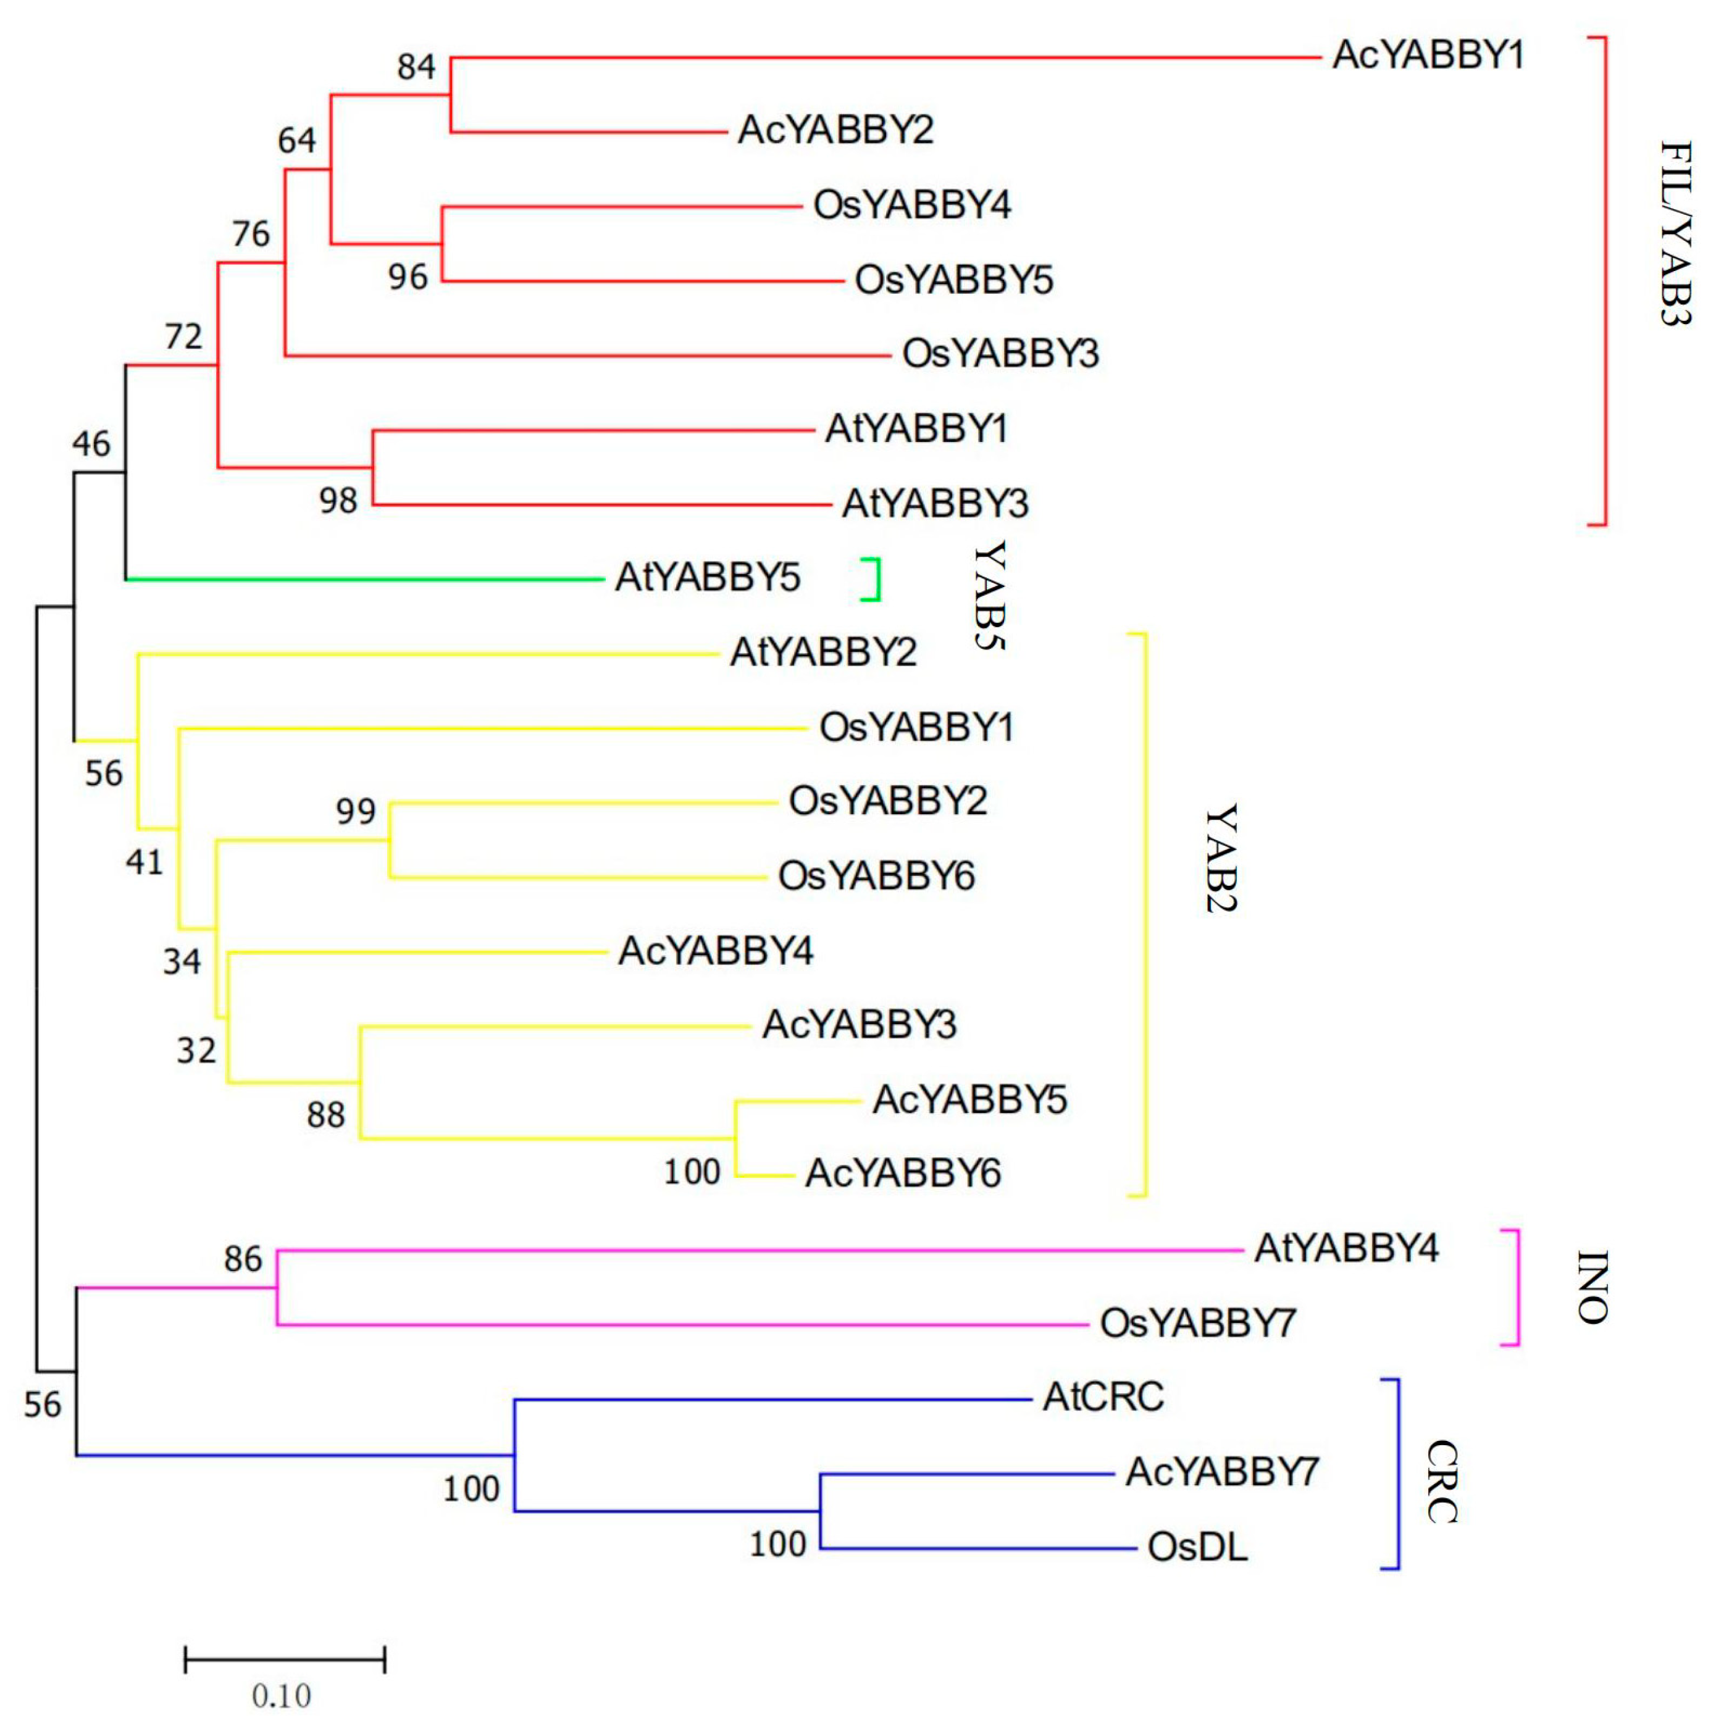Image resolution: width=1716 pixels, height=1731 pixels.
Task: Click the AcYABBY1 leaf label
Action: pyautogui.click(x=1428, y=56)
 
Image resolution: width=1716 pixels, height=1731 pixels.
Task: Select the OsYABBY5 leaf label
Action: pyautogui.click(x=953, y=280)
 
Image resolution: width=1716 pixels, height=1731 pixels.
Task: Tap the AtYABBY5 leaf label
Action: pyautogui.click(x=707, y=578)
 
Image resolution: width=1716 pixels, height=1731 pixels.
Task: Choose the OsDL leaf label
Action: pyautogui.click(x=1197, y=1547)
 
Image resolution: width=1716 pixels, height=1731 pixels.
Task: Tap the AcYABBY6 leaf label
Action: pyautogui.click(x=902, y=1174)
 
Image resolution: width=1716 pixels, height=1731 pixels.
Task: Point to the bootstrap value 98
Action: pyautogui.click(x=339, y=501)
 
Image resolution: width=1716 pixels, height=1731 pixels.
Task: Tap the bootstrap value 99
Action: pyautogui.click(x=356, y=811)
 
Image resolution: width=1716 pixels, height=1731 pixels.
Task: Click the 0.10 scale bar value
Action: pyautogui.click(x=282, y=1696)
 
